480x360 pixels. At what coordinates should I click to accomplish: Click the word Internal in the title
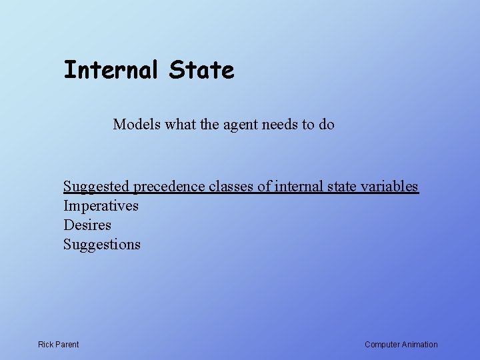pyautogui.click(x=111, y=70)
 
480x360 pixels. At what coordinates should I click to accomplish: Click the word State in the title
pyautogui.click(x=201, y=70)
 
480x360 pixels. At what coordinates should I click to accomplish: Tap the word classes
pyautogui.click(x=232, y=186)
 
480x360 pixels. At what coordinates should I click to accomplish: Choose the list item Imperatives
pyautogui.click(x=101, y=206)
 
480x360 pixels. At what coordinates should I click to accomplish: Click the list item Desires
pyautogui.click(x=87, y=225)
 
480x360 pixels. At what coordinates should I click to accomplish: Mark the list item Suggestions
pyautogui.click(x=102, y=245)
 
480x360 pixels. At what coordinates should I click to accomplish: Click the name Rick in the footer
pyautogui.click(x=46, y=345)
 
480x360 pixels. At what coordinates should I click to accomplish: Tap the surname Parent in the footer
pyautogui.click(x=67, y=345)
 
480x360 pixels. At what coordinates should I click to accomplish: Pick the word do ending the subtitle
pyautogui.click(x=327, y=124)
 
